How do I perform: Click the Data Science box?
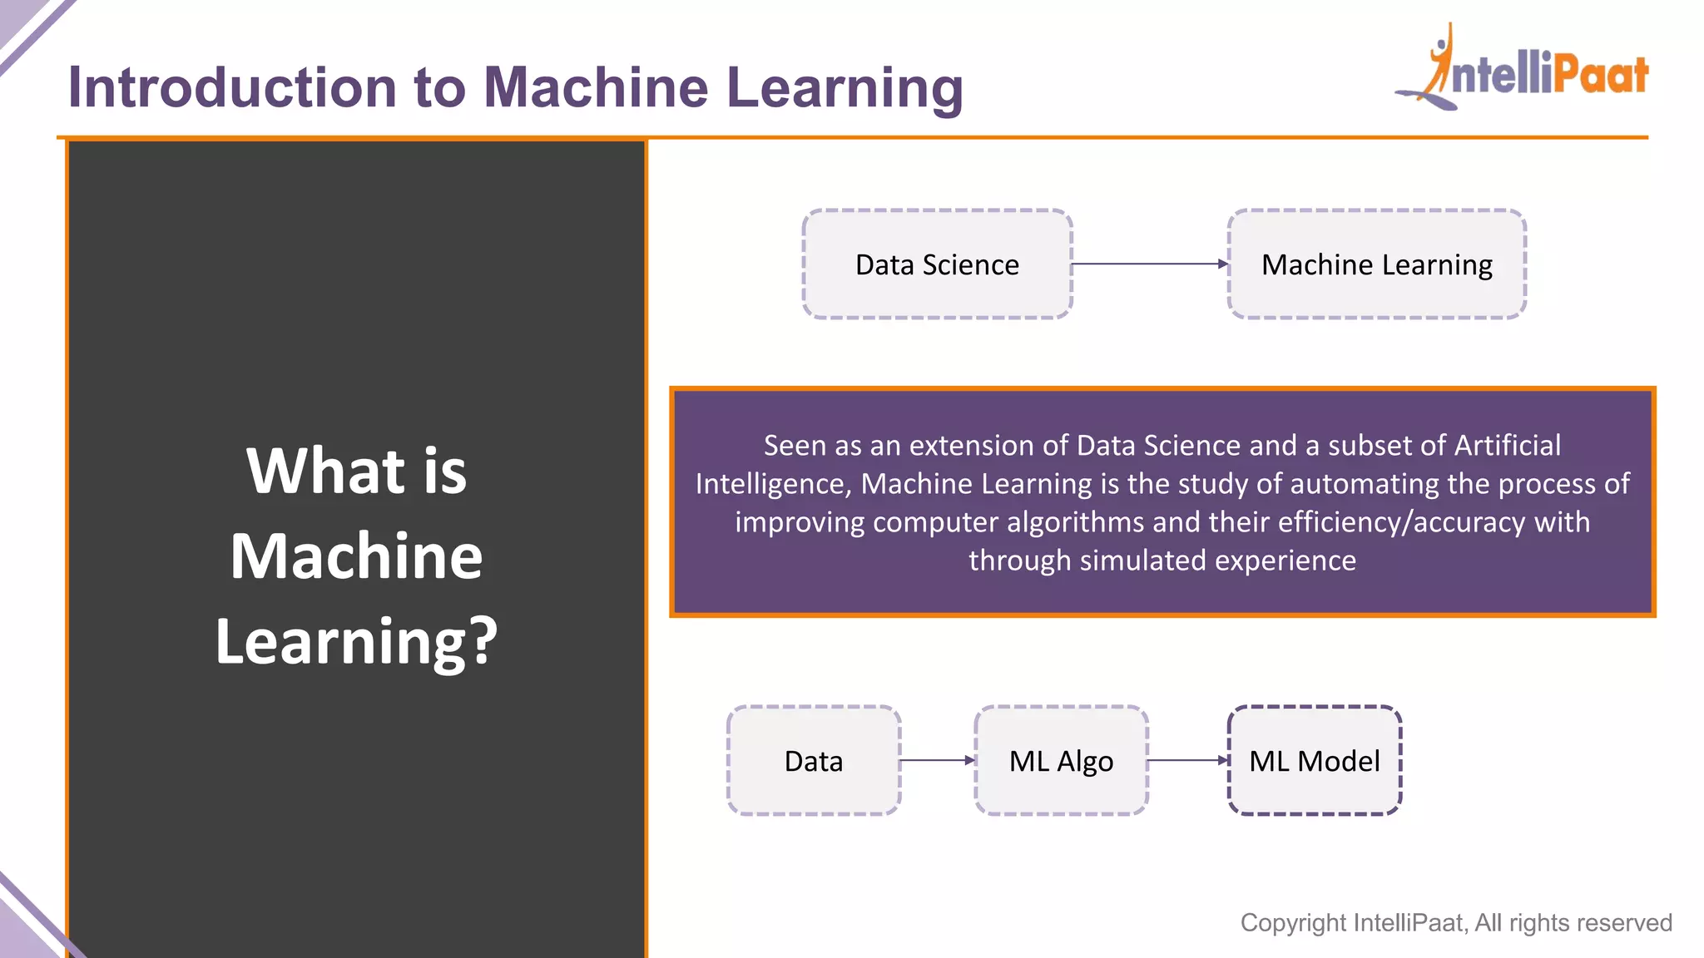937,264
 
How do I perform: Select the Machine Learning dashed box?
1376,264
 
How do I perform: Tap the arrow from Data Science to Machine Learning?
1149,264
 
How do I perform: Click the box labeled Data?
814,761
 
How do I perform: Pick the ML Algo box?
1061,761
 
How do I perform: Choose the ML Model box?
1315,761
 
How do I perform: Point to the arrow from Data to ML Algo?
937,760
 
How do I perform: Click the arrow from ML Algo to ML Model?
1187,760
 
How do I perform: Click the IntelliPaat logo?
1523,71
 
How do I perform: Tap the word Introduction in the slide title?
232,87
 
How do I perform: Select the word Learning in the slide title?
845,87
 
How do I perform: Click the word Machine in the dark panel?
356,556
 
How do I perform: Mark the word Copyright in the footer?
1293,923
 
